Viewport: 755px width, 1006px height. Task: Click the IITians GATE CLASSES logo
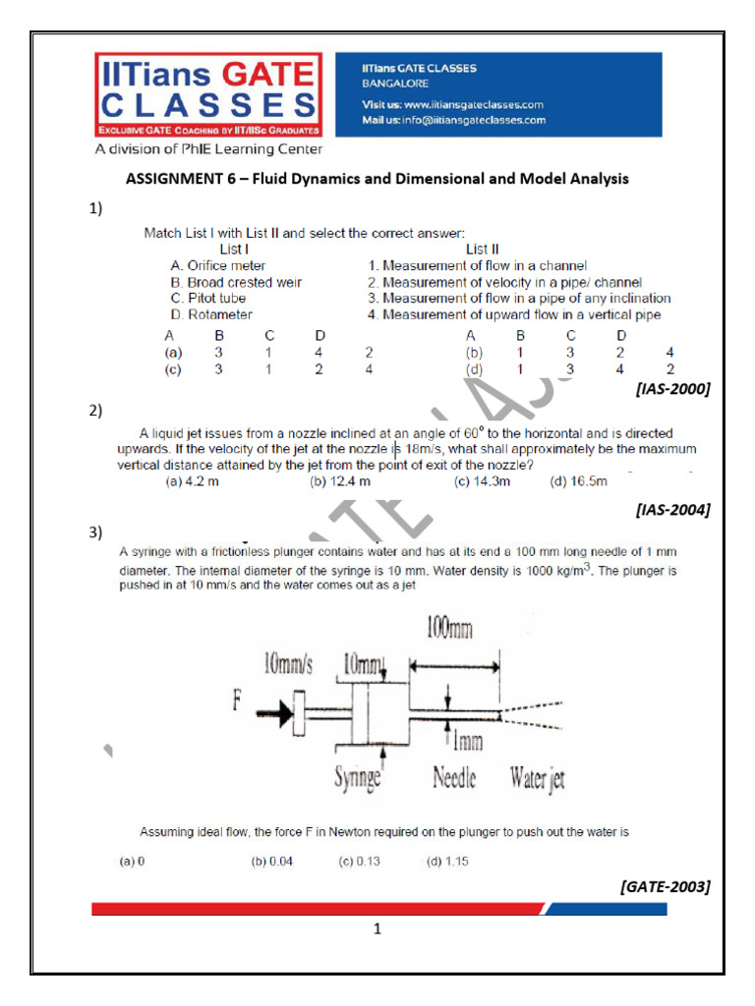coord(207,96)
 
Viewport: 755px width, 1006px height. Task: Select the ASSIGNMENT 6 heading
coord(377,179)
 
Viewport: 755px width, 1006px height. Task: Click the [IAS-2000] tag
coord(673,388)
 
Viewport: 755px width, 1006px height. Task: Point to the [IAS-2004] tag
coord(673,509)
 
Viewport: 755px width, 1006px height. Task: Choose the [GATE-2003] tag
coord(666,886)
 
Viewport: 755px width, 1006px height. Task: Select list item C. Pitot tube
coord(208,298)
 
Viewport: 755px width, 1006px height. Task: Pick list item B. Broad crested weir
coord(236,282)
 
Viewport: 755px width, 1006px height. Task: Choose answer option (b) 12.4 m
coord(340,481)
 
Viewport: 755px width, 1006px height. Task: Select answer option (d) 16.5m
coord(579,481)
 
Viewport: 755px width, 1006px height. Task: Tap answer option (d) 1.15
coord(446,862)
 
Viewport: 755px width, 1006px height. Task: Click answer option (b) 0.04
coord(272,862)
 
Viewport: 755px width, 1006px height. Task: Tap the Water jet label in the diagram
coord(537,780)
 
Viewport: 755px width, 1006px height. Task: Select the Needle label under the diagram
coord(454,780)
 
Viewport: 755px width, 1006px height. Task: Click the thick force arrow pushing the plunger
coord(278,710)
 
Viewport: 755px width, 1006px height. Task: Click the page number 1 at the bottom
coord(377,929)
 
